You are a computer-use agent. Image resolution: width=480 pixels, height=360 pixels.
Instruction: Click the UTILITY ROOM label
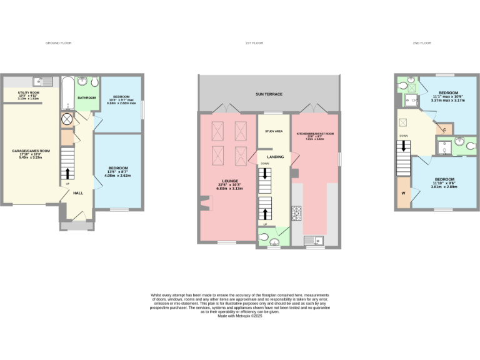[29, 92]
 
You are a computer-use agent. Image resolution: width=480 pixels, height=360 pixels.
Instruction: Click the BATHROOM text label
[87, 98]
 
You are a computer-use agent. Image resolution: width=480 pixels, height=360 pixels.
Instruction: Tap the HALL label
[78, 193]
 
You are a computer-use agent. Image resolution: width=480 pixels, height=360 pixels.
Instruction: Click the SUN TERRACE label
[269, 94]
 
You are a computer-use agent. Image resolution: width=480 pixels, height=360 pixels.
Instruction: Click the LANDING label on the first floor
[276, 156]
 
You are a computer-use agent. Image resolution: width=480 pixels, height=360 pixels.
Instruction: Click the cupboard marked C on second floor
[444, 130]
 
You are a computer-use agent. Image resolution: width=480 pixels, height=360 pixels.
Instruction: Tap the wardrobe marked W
[403, 192]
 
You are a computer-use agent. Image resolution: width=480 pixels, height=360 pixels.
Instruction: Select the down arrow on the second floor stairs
[404, 146]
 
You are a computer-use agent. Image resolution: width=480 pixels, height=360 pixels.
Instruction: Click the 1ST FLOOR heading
[252, 43]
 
